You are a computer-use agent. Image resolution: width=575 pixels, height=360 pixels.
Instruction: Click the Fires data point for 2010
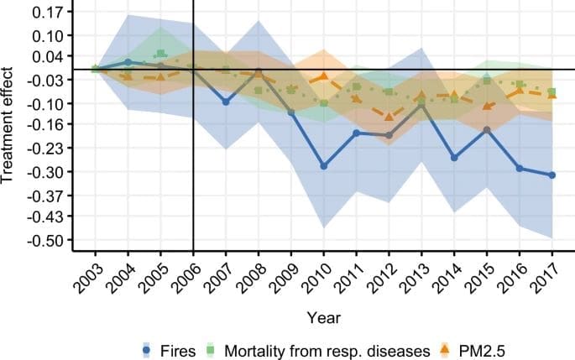(x=323, y=166)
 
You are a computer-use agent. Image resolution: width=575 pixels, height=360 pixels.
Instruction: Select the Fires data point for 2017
(x=551, y=175)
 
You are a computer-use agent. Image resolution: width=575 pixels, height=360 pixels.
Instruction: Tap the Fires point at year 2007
(x=226, y=102)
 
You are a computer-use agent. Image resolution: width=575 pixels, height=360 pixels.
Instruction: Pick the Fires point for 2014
(x=454, y=158)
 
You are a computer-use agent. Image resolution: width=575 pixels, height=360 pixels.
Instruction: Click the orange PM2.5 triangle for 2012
(x=389, y=117)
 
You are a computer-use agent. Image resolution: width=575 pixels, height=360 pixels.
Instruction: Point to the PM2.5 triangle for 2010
(x=323, y=77)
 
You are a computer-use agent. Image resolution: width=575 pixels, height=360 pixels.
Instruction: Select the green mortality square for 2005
(x=160, y=54)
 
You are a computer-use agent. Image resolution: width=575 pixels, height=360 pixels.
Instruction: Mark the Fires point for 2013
(x=421, y=104)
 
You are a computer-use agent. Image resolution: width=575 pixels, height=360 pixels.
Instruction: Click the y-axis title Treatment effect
(x=10, y=127)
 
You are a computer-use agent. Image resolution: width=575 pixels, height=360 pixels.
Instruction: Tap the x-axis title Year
(x=323, y=318)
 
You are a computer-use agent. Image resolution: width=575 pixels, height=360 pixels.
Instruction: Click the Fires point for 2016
(x=520, y=169)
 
